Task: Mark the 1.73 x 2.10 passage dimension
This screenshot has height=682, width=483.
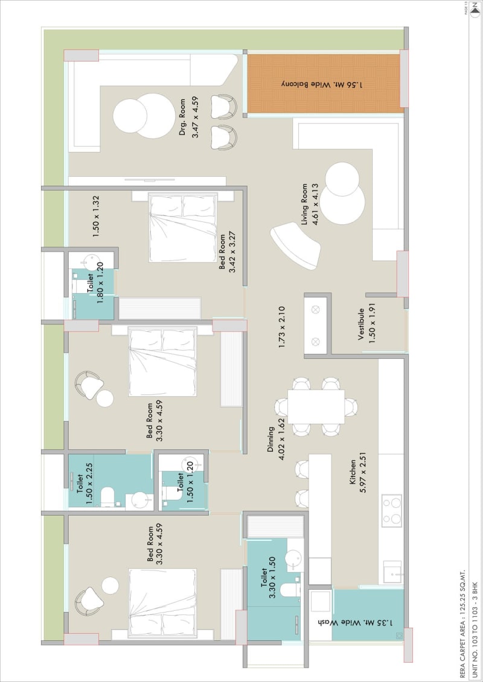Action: point(281,327)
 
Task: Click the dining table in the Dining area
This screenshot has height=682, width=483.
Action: point(316,406)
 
